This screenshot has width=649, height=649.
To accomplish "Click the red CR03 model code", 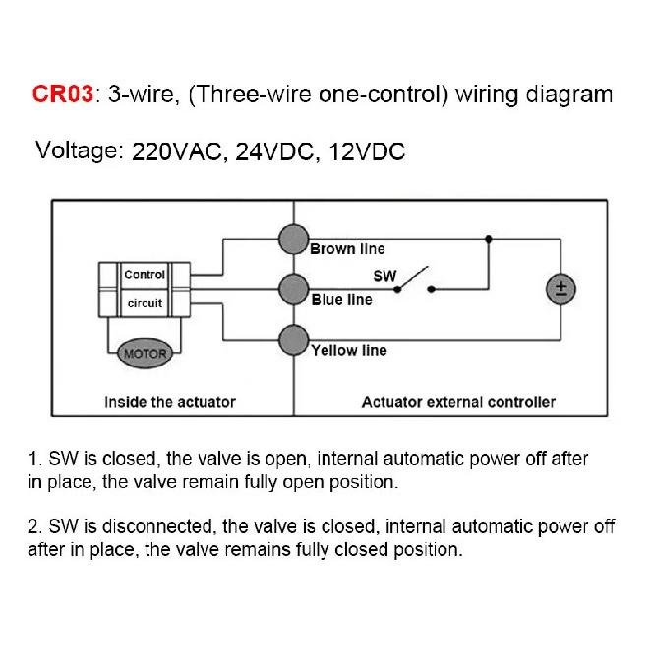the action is [63, 93].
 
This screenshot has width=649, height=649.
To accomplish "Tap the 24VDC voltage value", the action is [274, 151].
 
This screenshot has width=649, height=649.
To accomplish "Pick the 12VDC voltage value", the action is [367, 151].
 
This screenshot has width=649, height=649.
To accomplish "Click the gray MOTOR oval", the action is [145, 353].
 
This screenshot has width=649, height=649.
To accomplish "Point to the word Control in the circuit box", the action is [145, 274].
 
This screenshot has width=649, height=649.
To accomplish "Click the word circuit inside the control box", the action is [145, 303].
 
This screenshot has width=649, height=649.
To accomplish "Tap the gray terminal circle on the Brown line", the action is [293, 239].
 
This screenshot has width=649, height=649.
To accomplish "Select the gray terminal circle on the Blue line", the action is [293, 289].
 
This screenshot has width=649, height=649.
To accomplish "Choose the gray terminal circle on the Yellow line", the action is [293, 340].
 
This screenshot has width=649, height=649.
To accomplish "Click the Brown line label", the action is [347, 249].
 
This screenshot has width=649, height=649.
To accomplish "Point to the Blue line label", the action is [341, 299].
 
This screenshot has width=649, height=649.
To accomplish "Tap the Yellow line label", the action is [349, 351].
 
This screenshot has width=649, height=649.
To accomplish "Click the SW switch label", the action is [384, 276].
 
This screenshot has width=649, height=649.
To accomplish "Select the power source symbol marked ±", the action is [560, 289].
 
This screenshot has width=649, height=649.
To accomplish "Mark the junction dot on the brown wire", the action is [489, 239].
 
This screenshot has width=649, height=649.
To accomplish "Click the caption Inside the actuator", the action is [170, 402].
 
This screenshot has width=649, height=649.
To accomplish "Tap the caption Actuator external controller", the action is [458, 402].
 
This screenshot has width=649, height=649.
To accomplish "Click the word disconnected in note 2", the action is [157, 526].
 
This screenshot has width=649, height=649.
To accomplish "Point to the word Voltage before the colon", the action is [77, 151].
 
